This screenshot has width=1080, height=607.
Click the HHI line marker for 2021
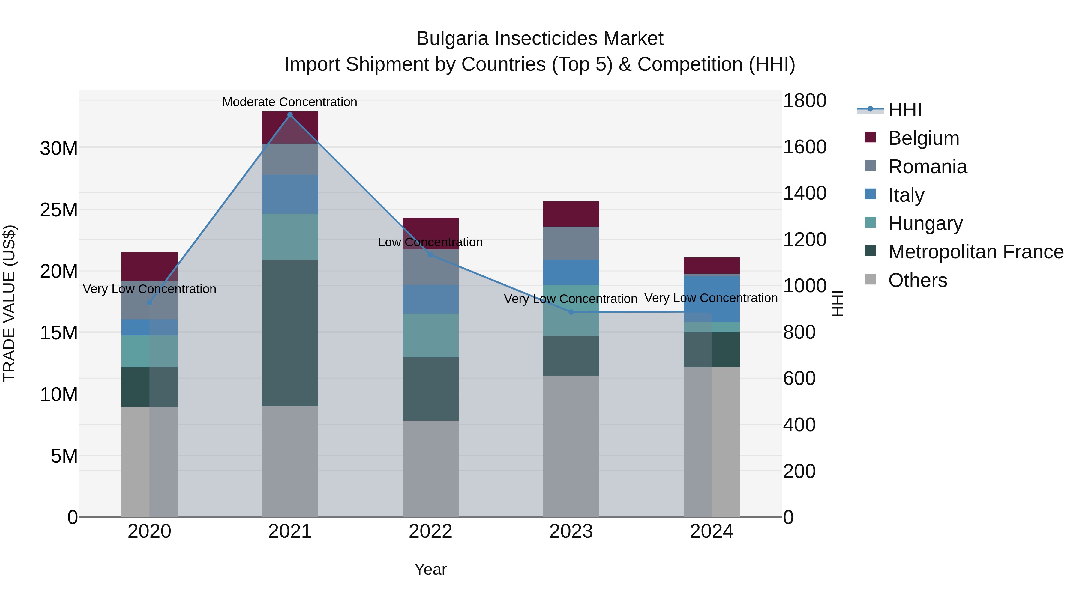pos(290,115)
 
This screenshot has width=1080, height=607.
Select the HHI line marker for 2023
pos(571,312)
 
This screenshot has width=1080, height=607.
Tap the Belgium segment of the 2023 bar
pos(571,214)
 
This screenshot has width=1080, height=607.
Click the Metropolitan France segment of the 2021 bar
pos(290,333)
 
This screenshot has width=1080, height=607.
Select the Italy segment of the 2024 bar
pos(712,299)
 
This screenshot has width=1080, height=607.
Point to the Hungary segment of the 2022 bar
pos(430,335)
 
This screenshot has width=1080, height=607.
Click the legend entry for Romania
pos(927,167)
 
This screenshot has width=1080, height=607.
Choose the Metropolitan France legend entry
pos(975,252)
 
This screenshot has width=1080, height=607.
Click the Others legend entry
pos(917,280)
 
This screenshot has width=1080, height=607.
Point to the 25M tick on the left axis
pos(59,210)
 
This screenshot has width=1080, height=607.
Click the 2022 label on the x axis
pos(430,531)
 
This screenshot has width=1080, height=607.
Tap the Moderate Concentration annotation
pos(290,102)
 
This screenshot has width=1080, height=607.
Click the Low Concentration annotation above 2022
pos(430,242)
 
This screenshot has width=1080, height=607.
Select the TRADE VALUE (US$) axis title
pos(9,303)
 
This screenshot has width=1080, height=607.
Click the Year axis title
pos(430,569)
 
